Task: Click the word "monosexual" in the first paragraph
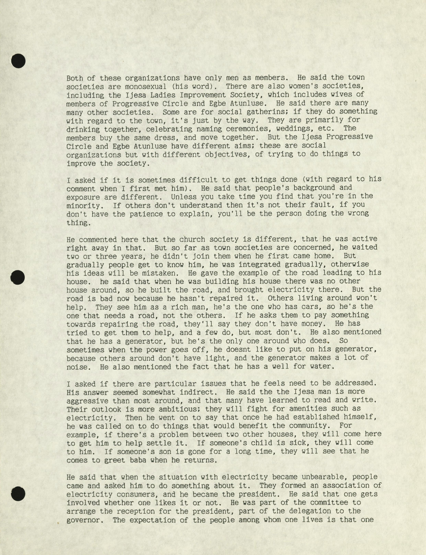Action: coord(145,86)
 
